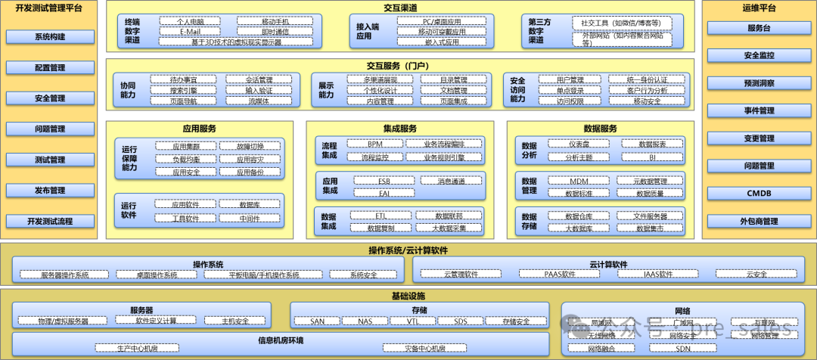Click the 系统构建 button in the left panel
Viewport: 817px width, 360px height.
click(50, 37)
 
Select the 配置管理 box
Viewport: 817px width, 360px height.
click(50, 68)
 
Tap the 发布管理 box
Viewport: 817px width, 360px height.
click(50, 191)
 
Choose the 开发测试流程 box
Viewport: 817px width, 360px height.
click(50, 222)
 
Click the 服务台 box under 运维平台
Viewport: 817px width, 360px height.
click(760, 28)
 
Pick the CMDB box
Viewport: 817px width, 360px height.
click(760, 194)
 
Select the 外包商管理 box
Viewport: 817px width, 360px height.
click(760, 222)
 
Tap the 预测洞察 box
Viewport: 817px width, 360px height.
click(760, 83)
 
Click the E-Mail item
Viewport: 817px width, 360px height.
click(191, 33)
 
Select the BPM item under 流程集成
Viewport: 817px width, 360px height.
click(375, 144)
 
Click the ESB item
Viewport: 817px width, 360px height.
click(384, 182)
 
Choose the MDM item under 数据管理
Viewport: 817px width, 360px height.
click(579, 182)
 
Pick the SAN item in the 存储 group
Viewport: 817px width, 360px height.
click(318, 321)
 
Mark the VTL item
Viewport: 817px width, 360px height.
click(413, 321)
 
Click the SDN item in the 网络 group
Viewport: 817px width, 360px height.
click(683, 349)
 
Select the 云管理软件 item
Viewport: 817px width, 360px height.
click(461, 275)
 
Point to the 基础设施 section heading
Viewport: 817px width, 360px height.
click(408, 295)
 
